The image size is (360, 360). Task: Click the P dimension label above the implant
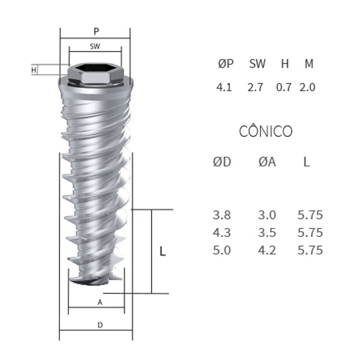point(97,31)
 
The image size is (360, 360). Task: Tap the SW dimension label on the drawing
point(95,46)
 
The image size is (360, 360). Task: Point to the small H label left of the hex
point(34,70)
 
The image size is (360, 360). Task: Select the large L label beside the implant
point(163,251)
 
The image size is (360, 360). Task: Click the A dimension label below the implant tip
point(100,302)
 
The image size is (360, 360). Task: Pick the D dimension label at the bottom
point(100,325)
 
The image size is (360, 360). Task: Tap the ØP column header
point(226,64)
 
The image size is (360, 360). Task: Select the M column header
point(309,64)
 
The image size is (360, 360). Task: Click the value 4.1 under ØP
point(224,87)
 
